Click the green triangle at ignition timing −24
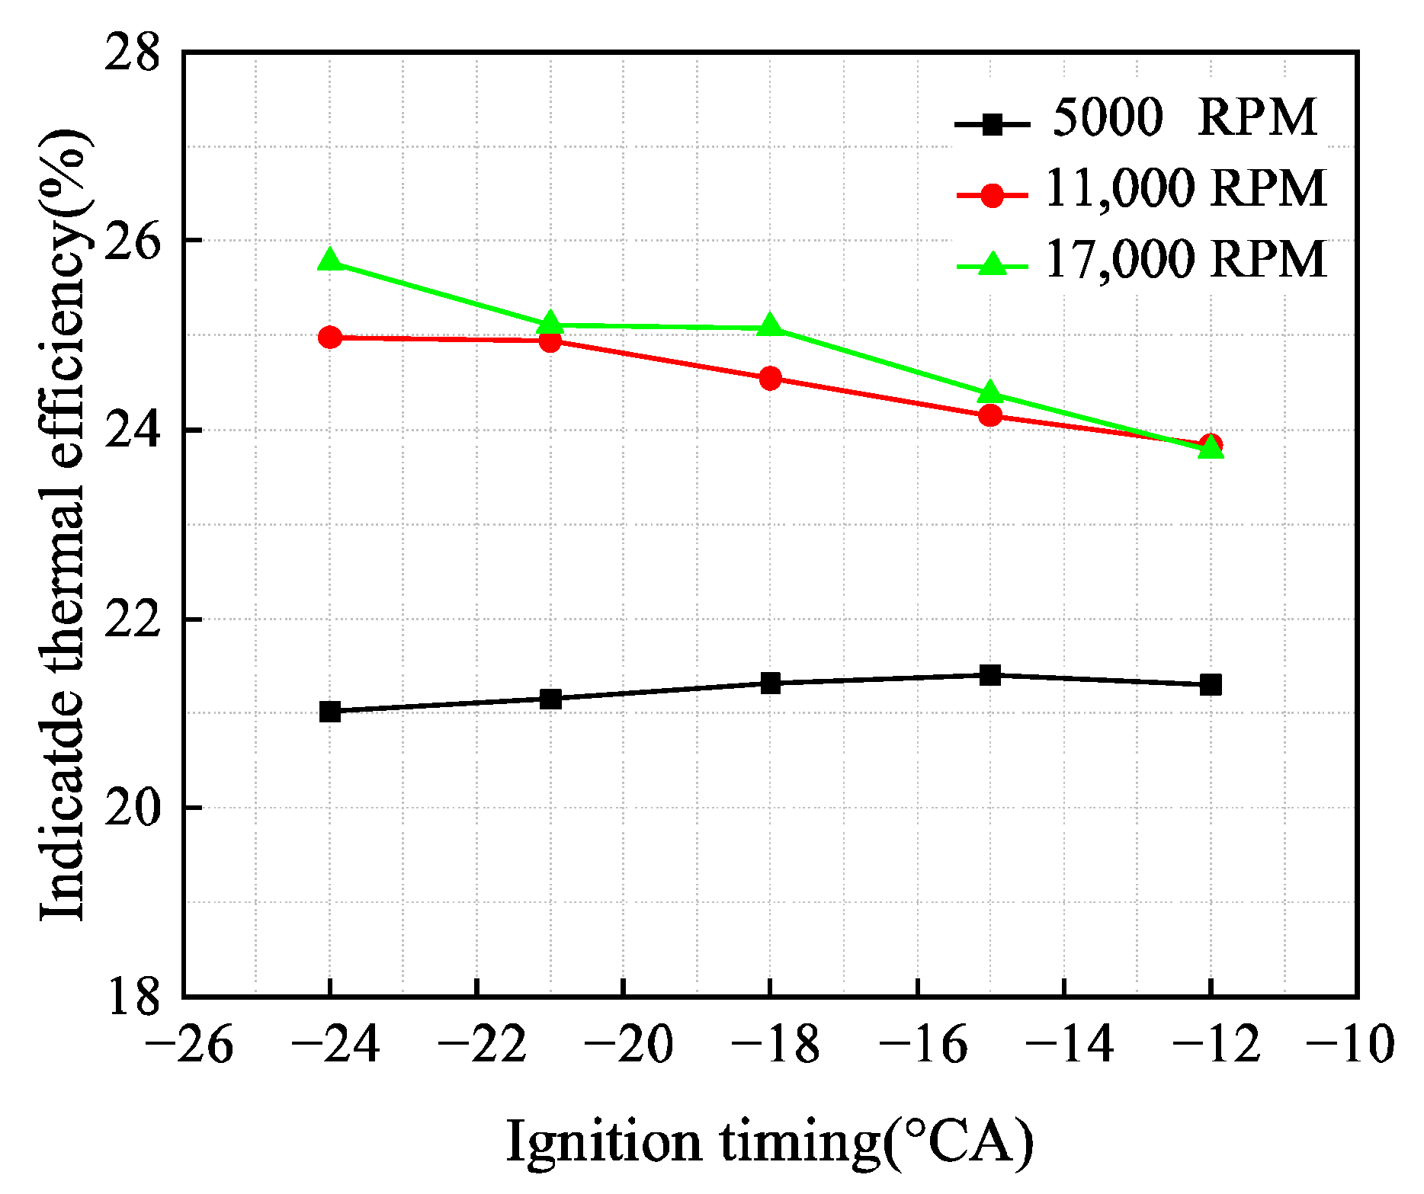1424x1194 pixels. tap(330, 261)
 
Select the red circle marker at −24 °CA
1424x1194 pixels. tap(330, 337)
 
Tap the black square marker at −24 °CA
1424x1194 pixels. tap(330, 712)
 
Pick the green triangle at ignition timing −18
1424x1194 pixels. tap(770, 327)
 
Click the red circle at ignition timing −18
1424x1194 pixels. tap(770, 378)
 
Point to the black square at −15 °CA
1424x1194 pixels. tap(990, 674)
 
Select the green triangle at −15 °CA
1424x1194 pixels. tap(990, 393)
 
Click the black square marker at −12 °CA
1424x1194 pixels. tap(1211, 684)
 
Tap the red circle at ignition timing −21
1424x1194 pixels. tap(550, 341)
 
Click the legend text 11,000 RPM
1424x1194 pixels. tap(1185, 188)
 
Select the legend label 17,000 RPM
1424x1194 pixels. tap(1185, 260)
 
